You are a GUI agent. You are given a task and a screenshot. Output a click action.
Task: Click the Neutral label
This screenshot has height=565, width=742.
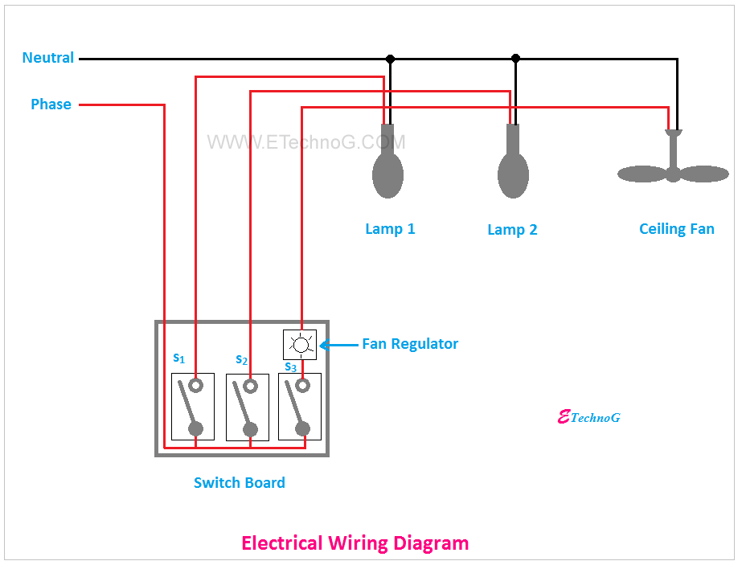48,58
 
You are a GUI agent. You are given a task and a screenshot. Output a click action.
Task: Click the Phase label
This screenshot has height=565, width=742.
51,104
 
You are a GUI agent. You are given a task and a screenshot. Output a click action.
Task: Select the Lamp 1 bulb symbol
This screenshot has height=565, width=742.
387,170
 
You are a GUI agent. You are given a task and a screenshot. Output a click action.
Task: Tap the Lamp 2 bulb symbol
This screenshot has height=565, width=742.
513,171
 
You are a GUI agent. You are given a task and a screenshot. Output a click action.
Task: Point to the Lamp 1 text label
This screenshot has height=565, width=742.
390,229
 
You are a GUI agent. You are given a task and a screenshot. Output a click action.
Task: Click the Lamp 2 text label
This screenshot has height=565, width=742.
512,230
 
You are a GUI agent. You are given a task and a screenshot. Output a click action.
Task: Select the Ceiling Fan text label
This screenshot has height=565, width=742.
676,229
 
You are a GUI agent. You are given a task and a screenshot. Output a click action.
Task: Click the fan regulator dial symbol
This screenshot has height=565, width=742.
301,345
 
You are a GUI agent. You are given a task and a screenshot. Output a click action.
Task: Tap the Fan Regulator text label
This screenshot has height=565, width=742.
410,344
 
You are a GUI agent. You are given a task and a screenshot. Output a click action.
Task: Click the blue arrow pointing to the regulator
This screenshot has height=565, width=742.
338,345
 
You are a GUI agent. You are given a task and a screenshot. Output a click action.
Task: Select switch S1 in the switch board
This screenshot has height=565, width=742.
193,406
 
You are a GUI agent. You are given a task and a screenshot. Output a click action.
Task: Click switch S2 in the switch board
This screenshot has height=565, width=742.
248,407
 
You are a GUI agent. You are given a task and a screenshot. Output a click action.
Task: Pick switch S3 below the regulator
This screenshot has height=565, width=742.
300,407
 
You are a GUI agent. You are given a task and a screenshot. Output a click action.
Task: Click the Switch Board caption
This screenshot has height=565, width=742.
240,483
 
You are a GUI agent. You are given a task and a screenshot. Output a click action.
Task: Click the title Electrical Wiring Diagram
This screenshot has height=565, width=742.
355,542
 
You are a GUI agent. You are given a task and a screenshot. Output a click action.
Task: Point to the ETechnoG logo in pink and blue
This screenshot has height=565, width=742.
588,417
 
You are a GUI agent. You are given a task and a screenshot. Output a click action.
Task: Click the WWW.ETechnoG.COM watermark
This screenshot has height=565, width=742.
306,142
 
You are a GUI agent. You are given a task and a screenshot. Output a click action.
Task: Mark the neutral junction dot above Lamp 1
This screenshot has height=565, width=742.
391,59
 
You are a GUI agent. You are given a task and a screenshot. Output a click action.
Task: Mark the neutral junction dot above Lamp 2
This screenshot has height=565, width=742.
516,59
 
